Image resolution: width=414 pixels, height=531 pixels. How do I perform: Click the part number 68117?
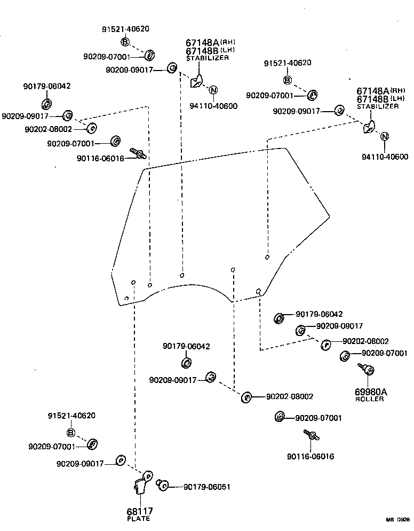pos(139,511)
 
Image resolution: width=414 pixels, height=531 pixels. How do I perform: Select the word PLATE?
pos(139,519)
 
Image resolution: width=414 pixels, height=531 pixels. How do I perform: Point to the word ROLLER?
pos(369,399)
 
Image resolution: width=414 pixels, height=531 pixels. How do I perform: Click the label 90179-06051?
pos(207,487)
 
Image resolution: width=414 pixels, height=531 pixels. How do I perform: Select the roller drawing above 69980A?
pos(367,370)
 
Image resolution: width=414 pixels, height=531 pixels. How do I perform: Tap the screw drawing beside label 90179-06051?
pos(163,485)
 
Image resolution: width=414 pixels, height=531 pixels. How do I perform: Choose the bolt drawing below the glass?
pos(310,436)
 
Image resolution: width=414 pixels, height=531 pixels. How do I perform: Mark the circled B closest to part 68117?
pos(70,433)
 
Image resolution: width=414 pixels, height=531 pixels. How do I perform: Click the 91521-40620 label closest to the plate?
pos(71,416)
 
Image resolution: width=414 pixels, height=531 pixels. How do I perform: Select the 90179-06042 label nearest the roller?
pos(319,314)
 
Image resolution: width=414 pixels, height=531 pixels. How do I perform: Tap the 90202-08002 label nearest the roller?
pos(365,341)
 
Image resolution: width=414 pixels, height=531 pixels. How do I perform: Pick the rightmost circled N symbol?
pos(384,137)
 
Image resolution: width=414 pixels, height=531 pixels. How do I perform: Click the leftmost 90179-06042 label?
pos(47,86)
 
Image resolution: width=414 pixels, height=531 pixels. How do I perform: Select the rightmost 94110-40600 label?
pos(385,157)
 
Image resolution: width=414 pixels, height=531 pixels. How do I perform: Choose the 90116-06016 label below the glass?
pos(311,457)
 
